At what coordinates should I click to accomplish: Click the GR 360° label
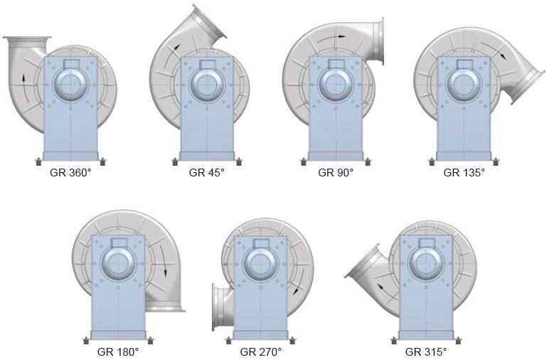click(x=70, y=173)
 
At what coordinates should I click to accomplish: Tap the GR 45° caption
click(x=206, y=173)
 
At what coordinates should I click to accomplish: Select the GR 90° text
click(x=336, y=173)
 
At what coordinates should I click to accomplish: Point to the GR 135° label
click(x=464, y=173)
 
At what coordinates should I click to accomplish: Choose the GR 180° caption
click(x=118, y=351)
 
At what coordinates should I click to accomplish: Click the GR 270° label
click(x=261, y=351)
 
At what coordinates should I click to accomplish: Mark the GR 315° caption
click(x=426, y=351)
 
